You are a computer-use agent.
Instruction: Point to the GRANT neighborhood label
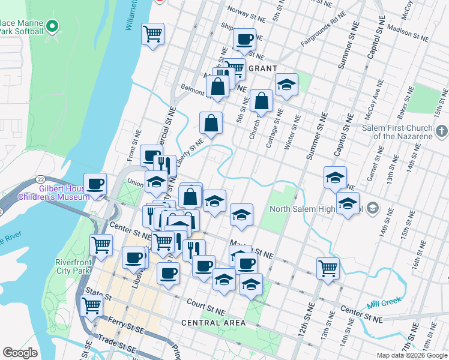[x=262, y=68]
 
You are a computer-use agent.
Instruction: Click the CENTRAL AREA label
[x=213, y=323]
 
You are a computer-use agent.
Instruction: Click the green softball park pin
[x=52, y=26]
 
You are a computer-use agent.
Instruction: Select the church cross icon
[x=442, y=130]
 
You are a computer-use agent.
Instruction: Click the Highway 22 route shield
[x=40, y=179]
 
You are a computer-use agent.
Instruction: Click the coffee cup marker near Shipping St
[x=244, y=40]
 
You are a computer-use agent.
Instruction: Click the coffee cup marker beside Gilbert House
[x=95, y=184]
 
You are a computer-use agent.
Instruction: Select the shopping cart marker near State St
[x=91, y=305]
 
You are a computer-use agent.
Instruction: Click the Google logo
[x=20, y=353]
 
